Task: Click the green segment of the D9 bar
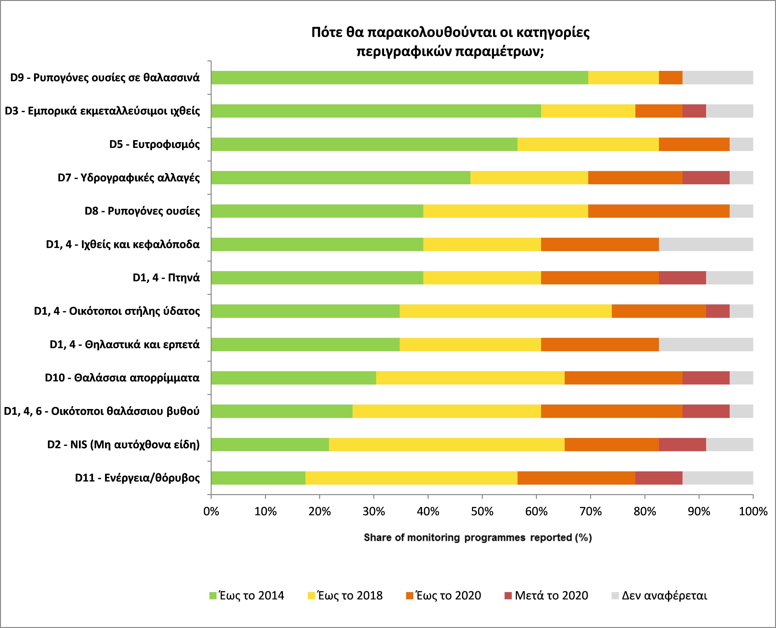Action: [x=399, y=78]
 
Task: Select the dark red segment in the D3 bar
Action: [x=694, y=111]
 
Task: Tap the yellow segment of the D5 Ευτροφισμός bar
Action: [x=588, y=144]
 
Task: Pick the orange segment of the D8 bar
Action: [x=658, y=211]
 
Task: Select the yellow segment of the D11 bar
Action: [x=411, y=478]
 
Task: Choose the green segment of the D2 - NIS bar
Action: [x=270, y=445]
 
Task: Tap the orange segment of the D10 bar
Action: [x=623, y=378]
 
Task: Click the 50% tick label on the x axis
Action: [x=482, y=511]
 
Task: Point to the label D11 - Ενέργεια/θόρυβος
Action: [x=137, y=478]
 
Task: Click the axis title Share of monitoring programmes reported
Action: [x=477, y=538]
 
